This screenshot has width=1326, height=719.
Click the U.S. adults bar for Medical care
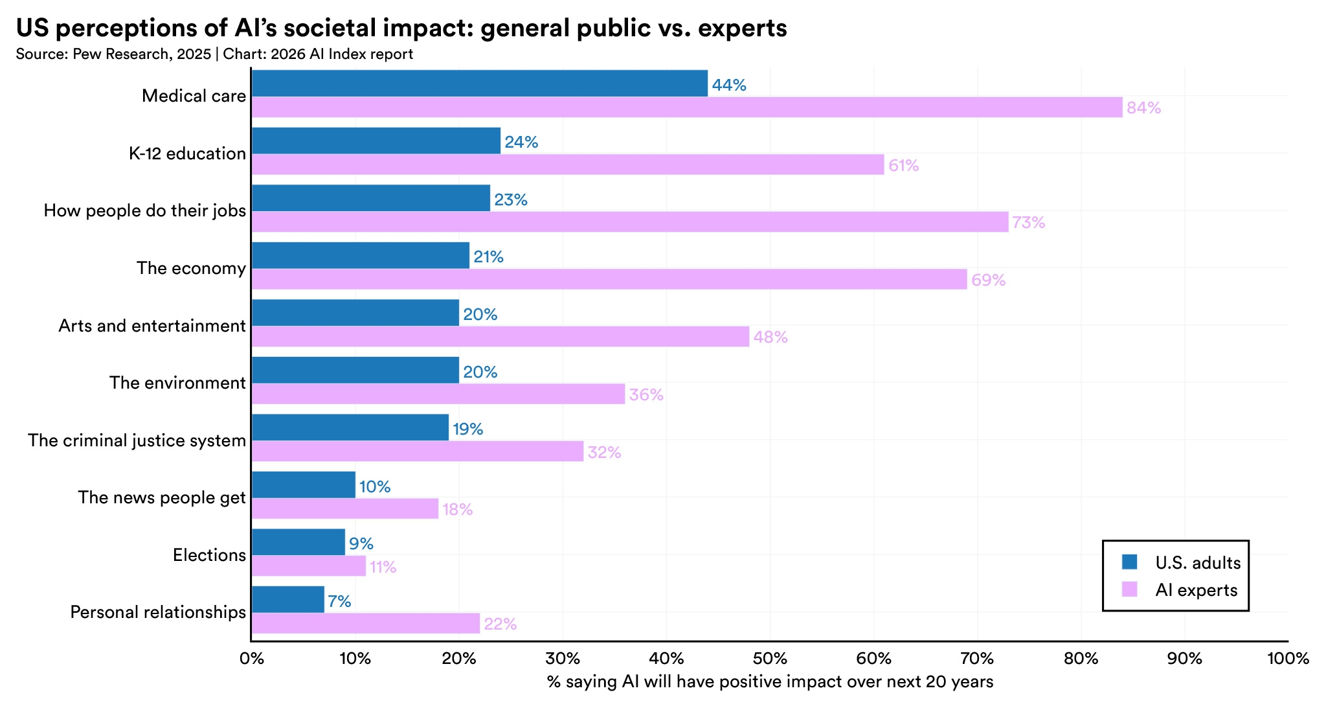coord(479,84)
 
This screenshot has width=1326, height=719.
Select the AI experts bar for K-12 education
coord(567,165)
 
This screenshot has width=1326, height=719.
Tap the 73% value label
coord(1029,223)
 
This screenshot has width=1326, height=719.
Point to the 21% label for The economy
coord(488,257)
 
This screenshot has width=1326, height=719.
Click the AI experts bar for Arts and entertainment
coord(500,337)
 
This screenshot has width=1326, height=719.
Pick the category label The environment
coord(177,383)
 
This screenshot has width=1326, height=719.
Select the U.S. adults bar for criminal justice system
coord(350,428)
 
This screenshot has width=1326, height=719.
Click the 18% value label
coord(458,510)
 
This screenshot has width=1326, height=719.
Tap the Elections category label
coord(209,555)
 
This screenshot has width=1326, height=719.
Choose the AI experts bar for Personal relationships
coord(365,623)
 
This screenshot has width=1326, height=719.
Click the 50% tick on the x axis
coord(770,659)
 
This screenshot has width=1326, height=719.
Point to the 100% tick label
coord(1288,659)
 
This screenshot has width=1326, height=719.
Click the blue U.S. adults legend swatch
coord(1129,562)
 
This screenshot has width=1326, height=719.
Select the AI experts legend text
coord(1196,590)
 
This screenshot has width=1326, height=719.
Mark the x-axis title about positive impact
coord(770,681)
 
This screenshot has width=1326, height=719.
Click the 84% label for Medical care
coord(1143,108)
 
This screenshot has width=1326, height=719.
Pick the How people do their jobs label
coord(144,211)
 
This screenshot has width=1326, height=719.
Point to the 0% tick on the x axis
coord(251,659)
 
